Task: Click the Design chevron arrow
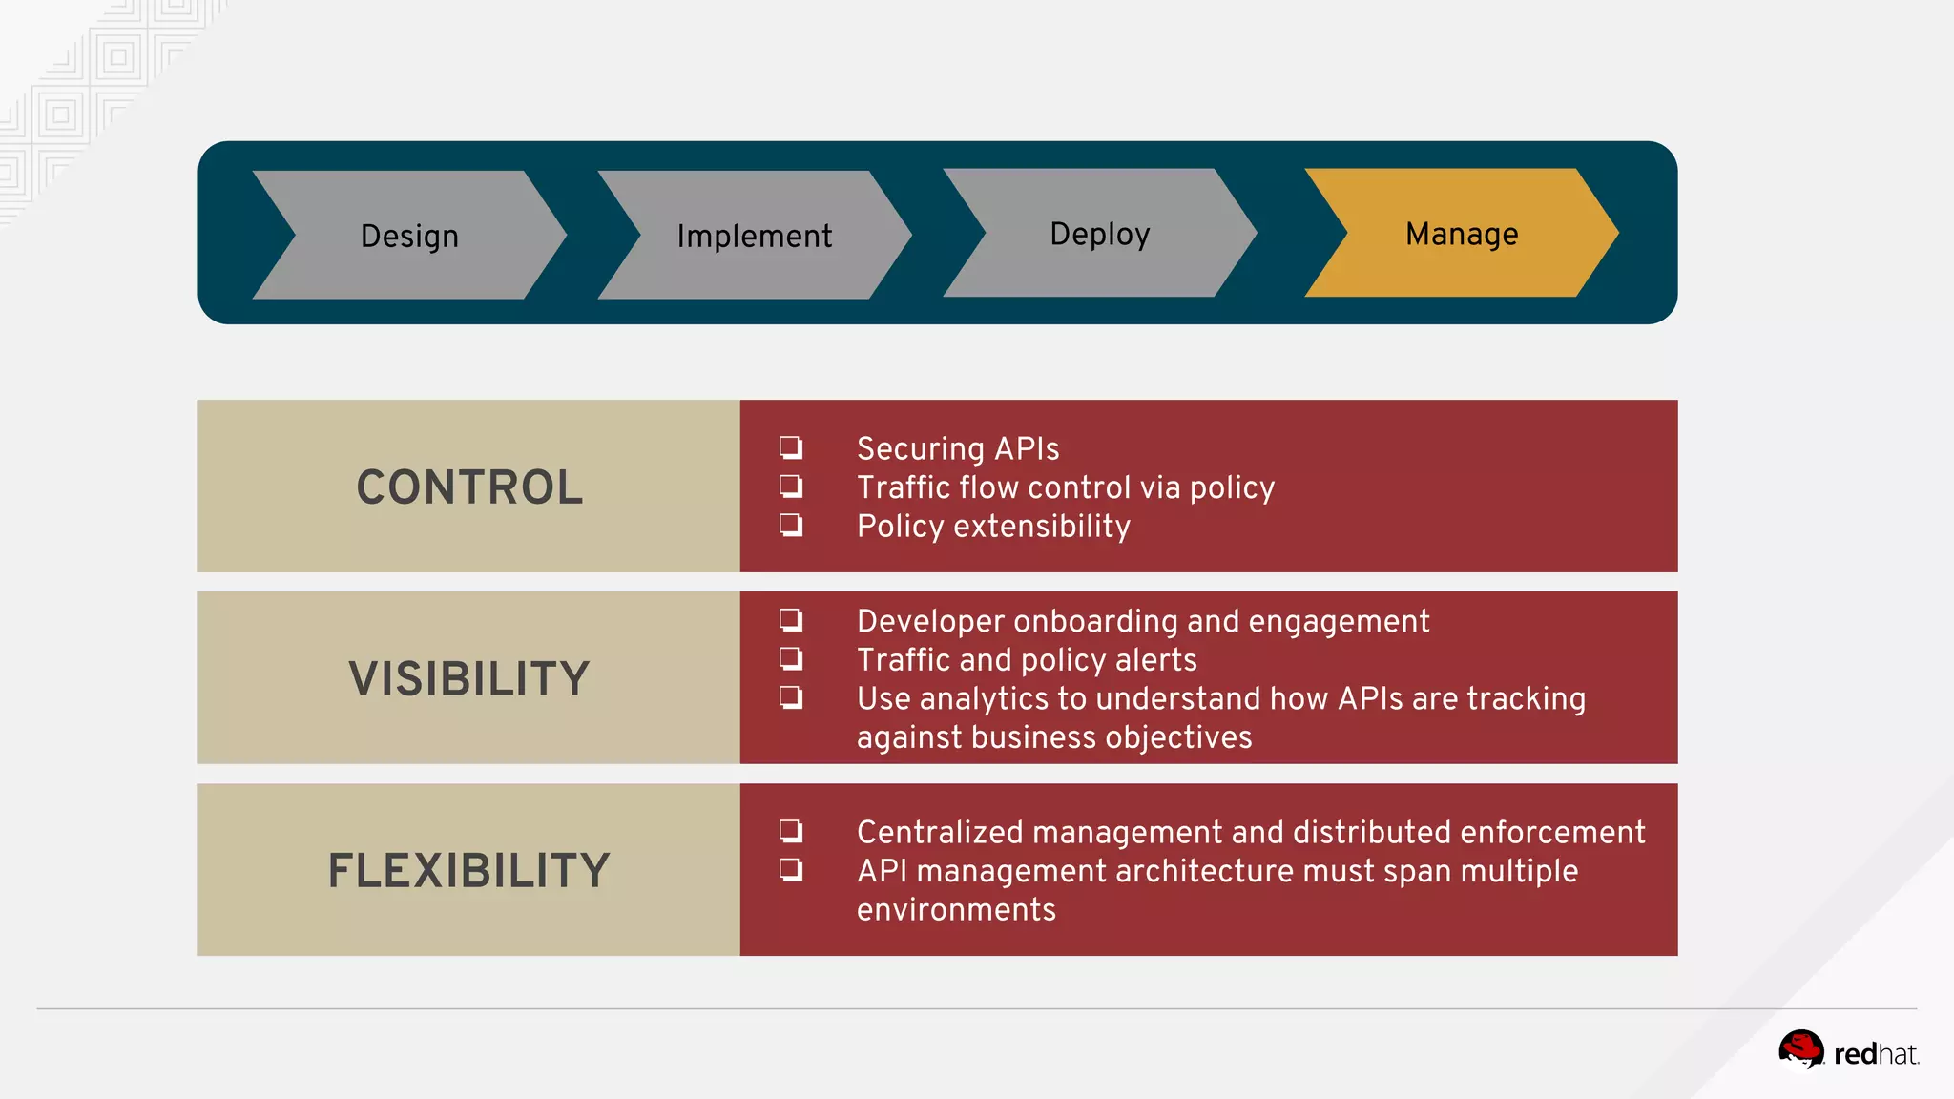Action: (x=409, y=236)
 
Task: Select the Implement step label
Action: (x=754, y=237)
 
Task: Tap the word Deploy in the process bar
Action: (x=1099, y=234)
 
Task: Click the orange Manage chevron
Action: (x=1461, y=234)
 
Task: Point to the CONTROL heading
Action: (x=468, y=487)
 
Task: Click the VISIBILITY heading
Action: (x=468, y=679)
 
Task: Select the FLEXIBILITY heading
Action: (x=468, y=871)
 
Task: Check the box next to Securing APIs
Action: (x=791, y=447)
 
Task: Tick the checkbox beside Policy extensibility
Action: (x=791, y=525)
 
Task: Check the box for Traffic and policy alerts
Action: (x=791, y=658)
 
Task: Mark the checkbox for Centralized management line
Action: (x=791, y=831)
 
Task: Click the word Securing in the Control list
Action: (x=920, y=449)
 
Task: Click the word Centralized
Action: (x=940, y=832)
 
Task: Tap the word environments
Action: (x=956, y=910)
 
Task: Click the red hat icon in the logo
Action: (x=1800, y=1050)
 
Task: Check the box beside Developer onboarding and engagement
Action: (x=791, y=620)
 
